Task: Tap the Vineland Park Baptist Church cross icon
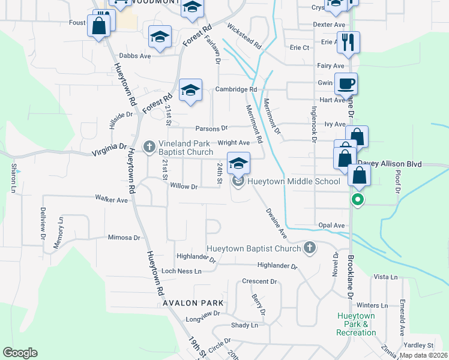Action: coord(149,146)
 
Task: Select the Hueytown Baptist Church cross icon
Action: coord(309,247)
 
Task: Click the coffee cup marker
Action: coord(346,85)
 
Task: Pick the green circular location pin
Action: coord(358,200)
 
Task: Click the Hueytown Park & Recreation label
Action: coord(356,324)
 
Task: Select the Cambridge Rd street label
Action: coord(236,89)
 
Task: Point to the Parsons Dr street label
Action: coord(211,128)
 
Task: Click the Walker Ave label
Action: coord(112,199)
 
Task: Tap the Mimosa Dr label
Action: coord(124,238)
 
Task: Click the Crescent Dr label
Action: coord(259,281)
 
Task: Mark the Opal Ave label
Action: coord(331,226)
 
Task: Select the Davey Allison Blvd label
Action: coord(390,164)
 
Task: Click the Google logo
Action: coord(20,353)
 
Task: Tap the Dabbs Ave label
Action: coord(134,56)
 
